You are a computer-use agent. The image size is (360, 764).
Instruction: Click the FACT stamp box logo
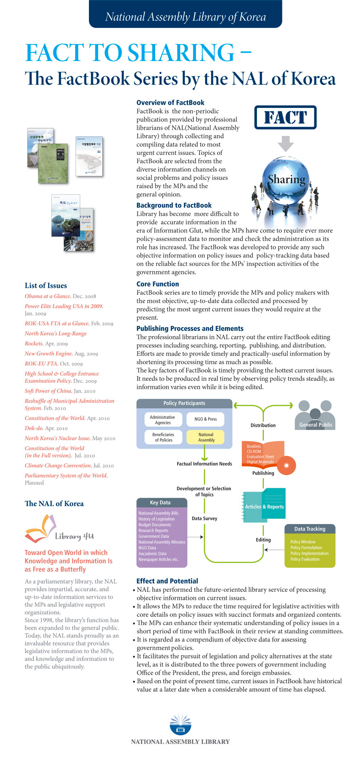point(285,118)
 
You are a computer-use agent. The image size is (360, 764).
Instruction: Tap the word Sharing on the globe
point(286,179)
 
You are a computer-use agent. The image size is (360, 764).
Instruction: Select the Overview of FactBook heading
point(170,103)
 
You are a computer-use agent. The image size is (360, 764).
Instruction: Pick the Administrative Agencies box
point(163,420)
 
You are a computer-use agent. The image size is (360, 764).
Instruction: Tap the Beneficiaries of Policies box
point(163,437)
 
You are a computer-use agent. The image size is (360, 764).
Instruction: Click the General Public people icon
point(315,415)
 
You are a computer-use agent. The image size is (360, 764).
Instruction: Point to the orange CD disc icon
point(286,465)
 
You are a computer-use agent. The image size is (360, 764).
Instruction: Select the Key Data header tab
point(160,502)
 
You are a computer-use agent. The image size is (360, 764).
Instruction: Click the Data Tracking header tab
point(309,529)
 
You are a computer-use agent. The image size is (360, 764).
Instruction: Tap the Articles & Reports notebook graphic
point(265,506)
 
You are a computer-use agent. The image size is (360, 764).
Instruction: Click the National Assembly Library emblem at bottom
point(180,725)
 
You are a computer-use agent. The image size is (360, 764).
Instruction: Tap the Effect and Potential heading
point(167,581)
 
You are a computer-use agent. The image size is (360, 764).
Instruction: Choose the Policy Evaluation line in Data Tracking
point(305,559)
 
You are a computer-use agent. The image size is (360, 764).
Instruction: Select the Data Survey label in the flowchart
point(204,518)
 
